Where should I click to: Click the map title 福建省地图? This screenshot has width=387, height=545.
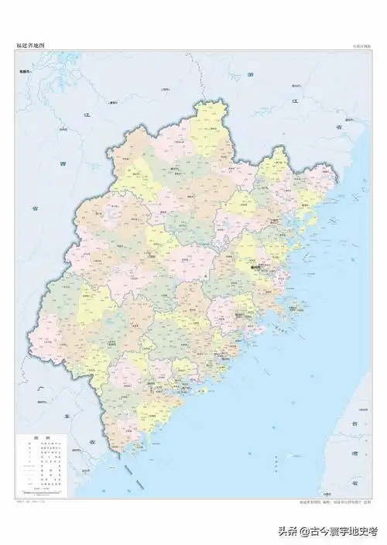coord(30,46)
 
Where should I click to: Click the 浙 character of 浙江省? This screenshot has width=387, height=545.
coord(250,74)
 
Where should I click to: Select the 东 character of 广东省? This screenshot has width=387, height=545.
coord(59,418)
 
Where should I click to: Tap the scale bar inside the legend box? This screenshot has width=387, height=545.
coord(39,491)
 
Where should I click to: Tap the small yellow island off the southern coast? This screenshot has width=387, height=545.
coord(204,392)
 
